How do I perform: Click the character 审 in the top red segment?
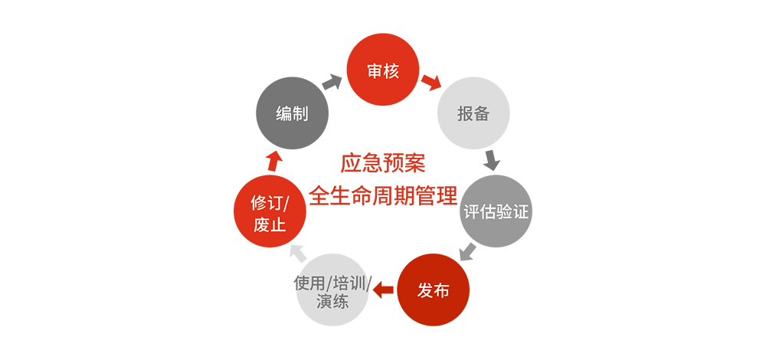point(375,71)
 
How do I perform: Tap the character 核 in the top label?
point(391,71)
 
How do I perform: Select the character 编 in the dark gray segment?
point(283,114)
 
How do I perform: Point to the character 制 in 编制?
point(300,114)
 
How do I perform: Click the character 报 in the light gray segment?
point(465,114)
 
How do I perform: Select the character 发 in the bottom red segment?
point(425,291)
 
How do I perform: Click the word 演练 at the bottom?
point(332,301)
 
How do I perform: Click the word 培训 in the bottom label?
point(351,283)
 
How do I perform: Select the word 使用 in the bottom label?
point(310,283)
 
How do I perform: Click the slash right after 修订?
point(285,205)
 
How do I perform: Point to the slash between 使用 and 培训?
point(330,283)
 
